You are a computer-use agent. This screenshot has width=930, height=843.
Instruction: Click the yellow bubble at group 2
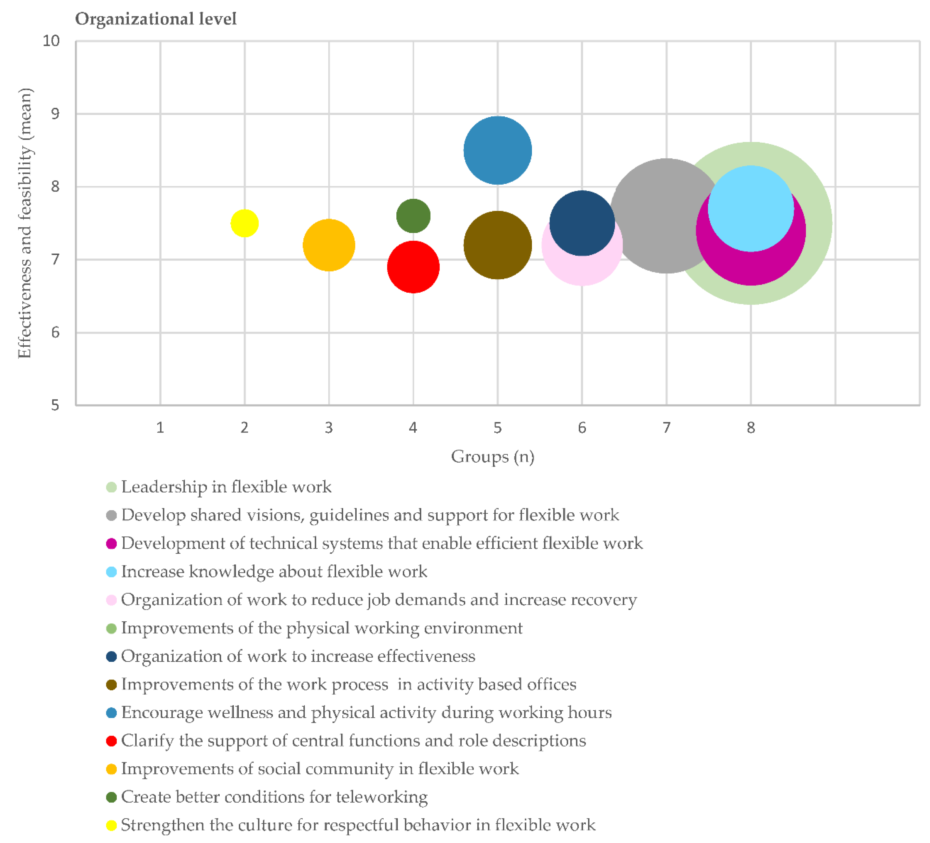(244, 223)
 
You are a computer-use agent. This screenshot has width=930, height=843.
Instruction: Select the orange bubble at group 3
(329, 245)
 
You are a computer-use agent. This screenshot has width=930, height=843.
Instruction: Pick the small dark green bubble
(413, 216)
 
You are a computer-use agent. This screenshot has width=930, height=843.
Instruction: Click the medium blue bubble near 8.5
(498, 150)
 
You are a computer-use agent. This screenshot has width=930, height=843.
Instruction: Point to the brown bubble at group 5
(498, 245)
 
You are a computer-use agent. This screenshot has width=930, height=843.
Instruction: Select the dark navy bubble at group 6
(582, 223)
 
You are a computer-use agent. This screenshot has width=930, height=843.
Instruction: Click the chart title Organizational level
(156, 19)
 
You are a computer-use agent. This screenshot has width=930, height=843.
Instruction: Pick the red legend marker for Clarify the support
(111, 741)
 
